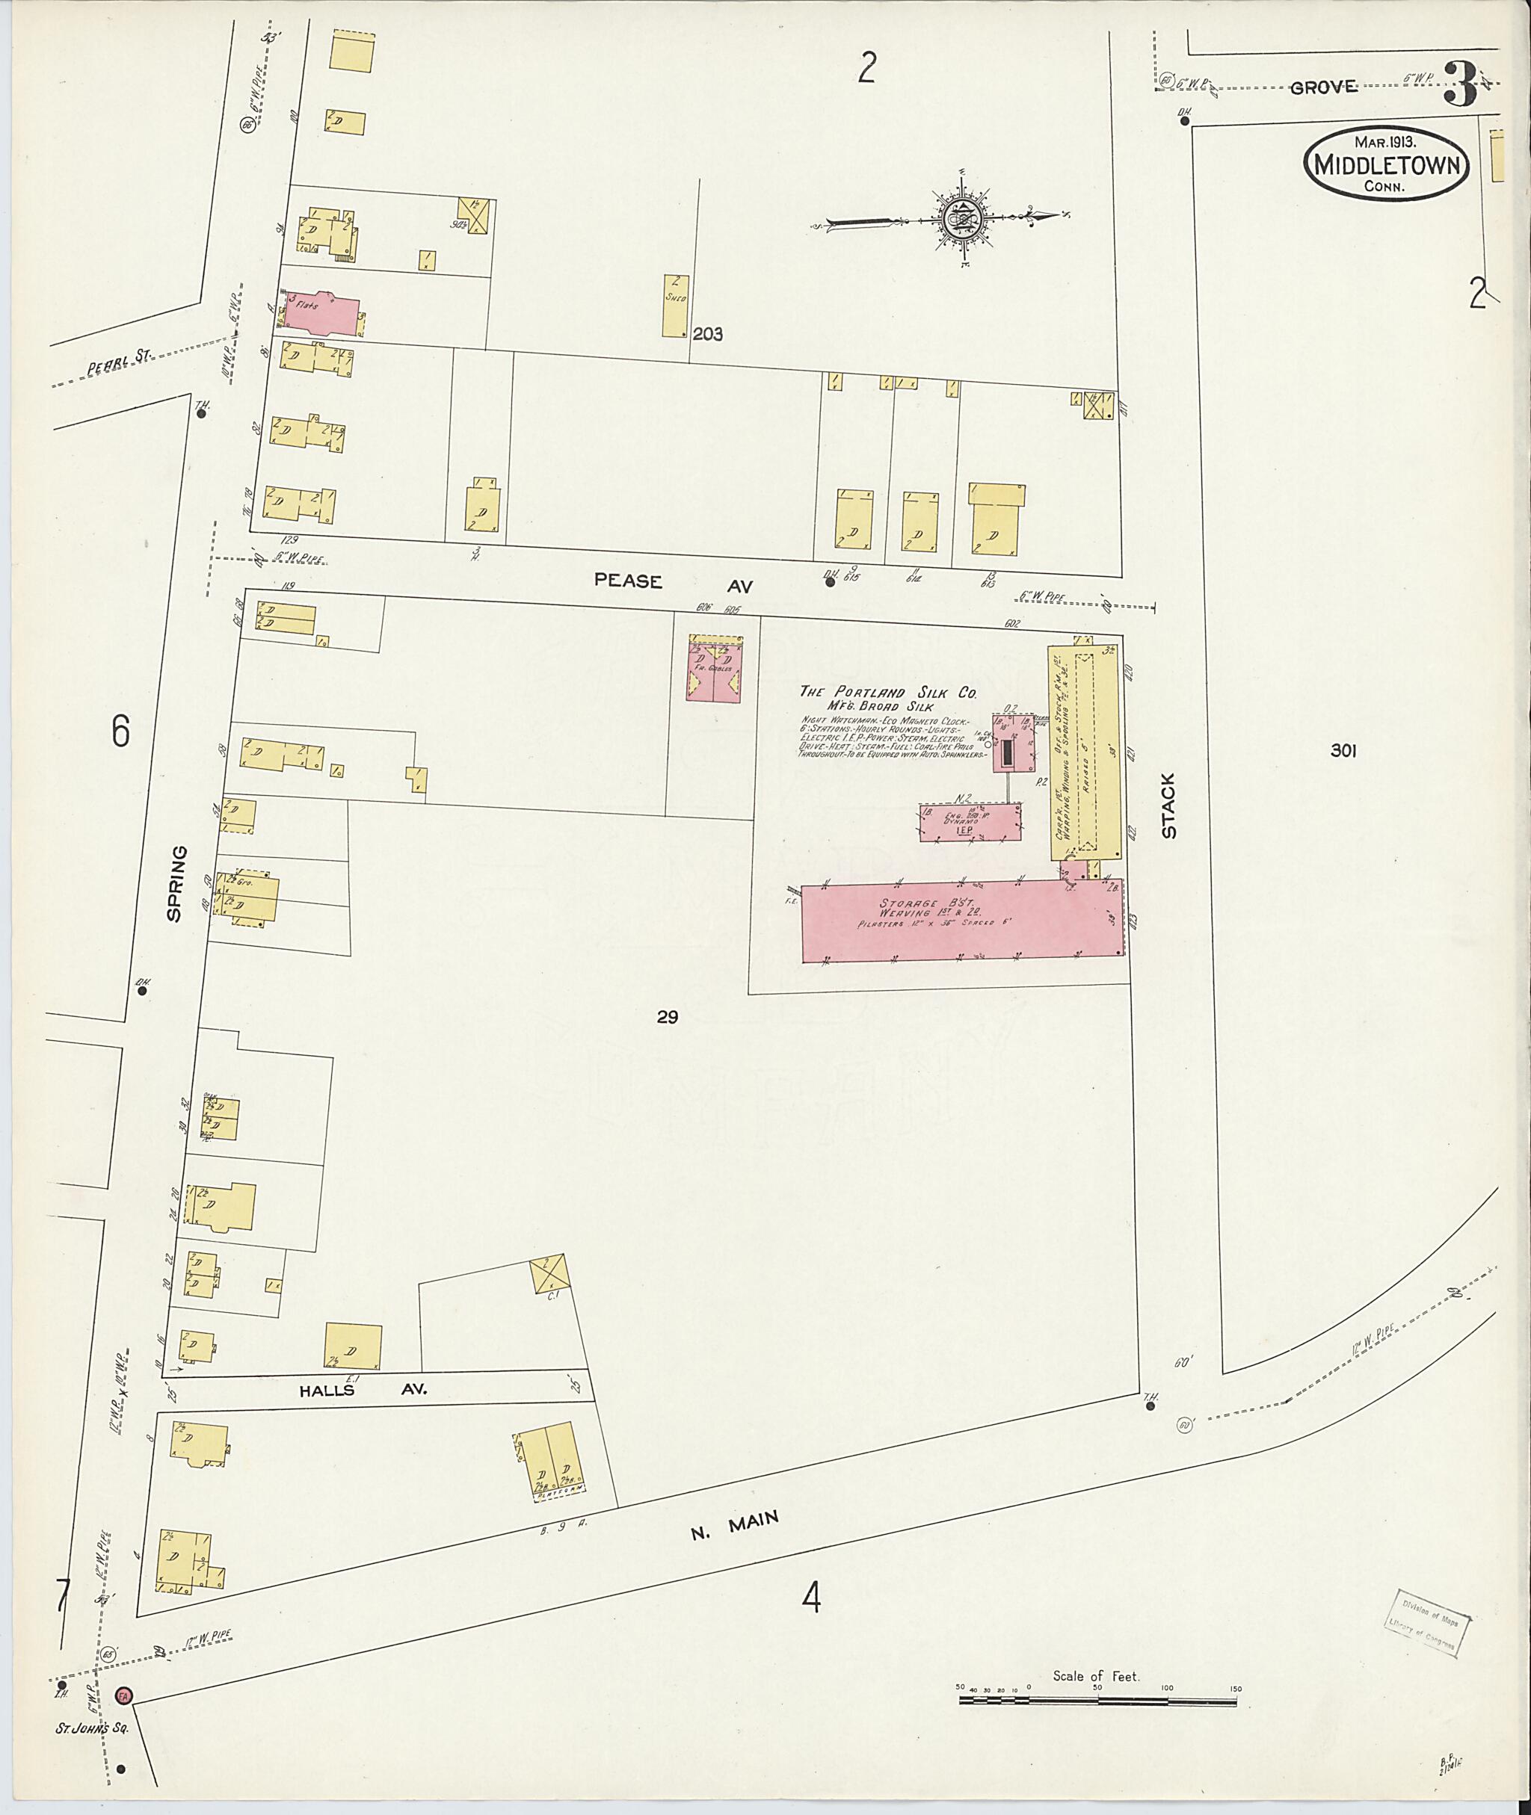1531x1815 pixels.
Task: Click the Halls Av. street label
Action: tap(363, 1389)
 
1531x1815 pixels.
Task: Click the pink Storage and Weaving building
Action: tap(961, 921)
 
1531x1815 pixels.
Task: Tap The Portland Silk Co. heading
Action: tap(889, 693)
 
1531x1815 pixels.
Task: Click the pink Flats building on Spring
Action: tap(318, 312)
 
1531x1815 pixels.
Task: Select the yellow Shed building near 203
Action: tap(675, 306)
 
